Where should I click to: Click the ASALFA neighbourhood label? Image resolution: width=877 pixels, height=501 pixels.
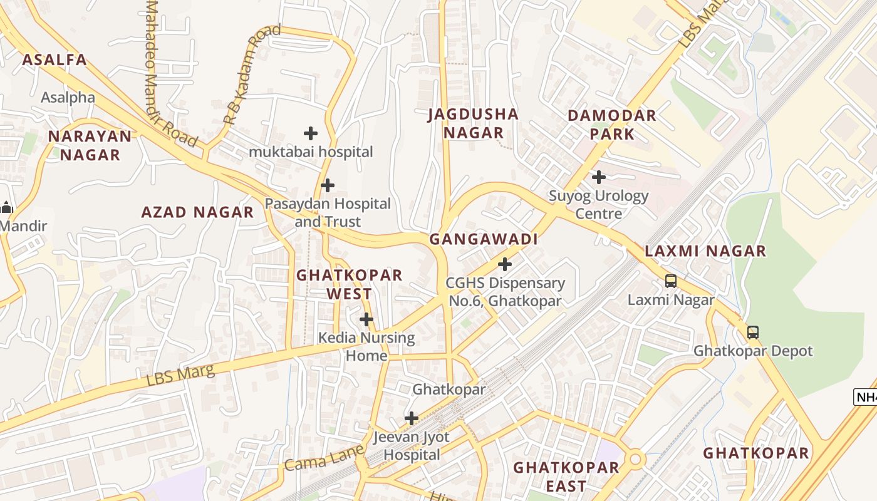pos(54,60)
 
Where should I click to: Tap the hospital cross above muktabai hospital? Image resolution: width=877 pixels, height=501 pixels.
pos(310,133)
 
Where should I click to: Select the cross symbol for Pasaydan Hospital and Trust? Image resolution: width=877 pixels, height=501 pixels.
pos(327,185)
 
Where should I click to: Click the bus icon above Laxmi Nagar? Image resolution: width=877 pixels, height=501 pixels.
pos(671,281)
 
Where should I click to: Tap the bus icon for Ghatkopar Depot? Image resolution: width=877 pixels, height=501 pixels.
pos(752,333)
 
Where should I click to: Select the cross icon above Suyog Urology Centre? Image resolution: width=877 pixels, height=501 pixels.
pos(599,177)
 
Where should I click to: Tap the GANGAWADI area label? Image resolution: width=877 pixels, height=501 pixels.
pos(484,239)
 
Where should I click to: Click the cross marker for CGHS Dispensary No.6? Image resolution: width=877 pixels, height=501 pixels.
pos(504,264)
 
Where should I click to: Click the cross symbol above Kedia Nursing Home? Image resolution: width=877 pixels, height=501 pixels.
pos(366,320)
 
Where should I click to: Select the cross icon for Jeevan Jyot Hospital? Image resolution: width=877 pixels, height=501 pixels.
pos(411,418)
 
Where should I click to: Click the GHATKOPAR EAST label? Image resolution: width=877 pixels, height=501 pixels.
pos(566,477)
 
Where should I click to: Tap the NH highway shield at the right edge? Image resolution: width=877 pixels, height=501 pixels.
pos(866,397)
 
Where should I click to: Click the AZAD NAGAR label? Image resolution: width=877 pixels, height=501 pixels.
pos(197,212)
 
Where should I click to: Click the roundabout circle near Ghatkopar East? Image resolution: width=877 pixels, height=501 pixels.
pos(636,460)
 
